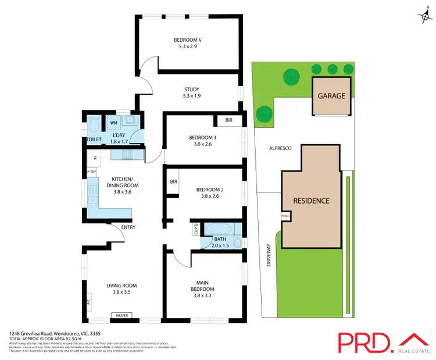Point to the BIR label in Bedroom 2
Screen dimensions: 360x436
[x=173, y=182]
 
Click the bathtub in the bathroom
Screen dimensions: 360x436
[x=218, y=227]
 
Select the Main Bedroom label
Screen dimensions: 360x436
[x=203, y=286]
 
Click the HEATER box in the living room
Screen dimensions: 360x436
[x=123, y=316]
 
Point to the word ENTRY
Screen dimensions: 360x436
[x=128, y=227]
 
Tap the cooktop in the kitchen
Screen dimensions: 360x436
[x=127, y=155]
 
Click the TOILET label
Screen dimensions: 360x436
[x=94, y=140]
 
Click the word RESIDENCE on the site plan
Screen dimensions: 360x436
[x=311, y=201]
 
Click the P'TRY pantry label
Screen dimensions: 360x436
[x=91, y=172]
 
